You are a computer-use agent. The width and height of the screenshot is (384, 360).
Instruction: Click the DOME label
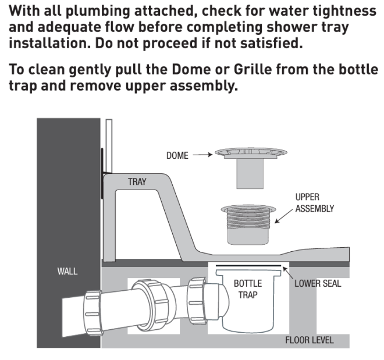pos(177,156)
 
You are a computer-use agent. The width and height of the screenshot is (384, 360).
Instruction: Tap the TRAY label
pos(137,182)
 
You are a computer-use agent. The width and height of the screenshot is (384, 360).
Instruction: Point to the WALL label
pos(68,272)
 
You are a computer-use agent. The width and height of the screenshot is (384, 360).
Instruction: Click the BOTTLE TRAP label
pos(248,289)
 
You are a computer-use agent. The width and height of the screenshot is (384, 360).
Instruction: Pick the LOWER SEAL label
pos(318,284)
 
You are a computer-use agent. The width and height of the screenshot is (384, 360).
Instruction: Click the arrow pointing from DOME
pos(202,156)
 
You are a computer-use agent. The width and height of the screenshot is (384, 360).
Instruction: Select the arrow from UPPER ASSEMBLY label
pos(285,216)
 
